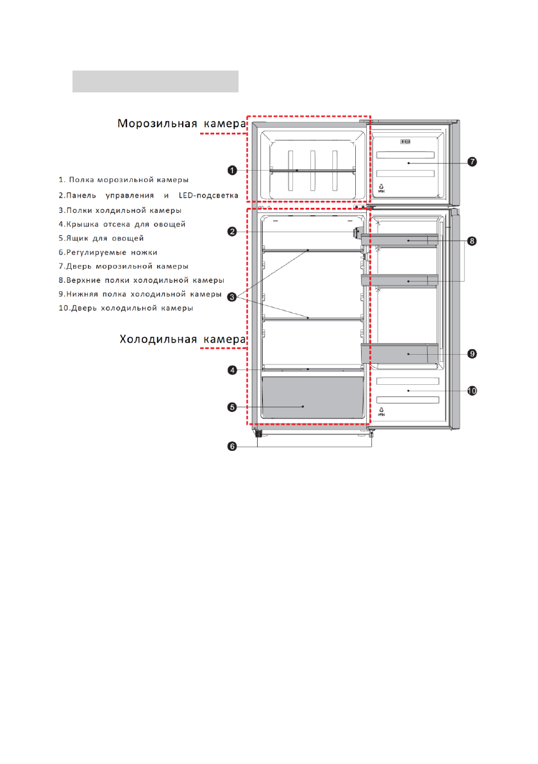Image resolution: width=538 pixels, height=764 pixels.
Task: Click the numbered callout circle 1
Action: pos(232,171)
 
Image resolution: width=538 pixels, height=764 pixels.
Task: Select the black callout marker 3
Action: pos(232,297)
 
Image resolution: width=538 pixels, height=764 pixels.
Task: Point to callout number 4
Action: pos(232,369)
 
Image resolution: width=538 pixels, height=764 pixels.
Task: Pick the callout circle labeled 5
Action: pos(232,406)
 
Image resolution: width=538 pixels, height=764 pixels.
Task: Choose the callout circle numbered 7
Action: pos(472,162)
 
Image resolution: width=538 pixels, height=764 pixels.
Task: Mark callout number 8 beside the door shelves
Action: pos(472,241)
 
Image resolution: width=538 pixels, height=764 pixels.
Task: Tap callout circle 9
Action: pos(472,353)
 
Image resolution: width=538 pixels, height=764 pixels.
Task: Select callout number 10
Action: pos(472,391)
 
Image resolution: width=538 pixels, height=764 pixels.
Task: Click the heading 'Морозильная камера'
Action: pos(181,124)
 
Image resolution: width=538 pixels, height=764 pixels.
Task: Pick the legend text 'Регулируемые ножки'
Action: pos(108,252)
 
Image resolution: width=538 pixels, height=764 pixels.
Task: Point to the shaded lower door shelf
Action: pos(399,353)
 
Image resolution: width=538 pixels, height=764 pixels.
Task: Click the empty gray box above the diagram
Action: pos(155,81)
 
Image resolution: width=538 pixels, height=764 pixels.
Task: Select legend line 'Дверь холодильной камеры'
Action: pos(126,309)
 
